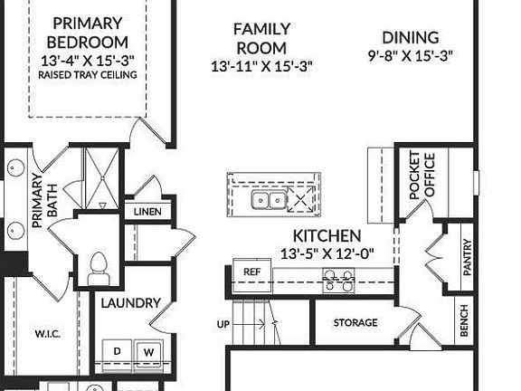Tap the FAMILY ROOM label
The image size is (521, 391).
(260, 39)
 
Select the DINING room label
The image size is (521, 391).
(410, 38)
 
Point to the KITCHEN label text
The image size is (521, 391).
(327, 235)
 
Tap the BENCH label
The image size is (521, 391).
(464, 320)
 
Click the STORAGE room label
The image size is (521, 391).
(355, 323)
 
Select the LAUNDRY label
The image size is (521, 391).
(130, 302)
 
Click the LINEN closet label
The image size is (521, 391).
(147, 212)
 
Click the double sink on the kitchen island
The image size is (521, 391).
(270, 199)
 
